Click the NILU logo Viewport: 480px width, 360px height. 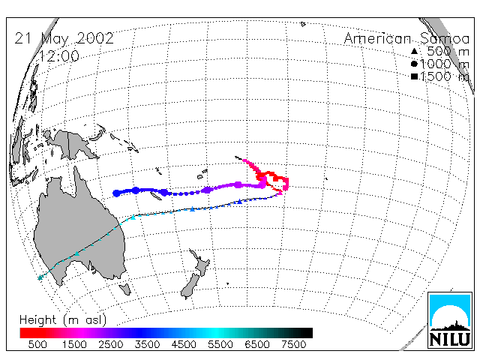(x=450, y=320)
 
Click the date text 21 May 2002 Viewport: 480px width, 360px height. (x=64, y=38)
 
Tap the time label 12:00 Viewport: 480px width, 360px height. (x=58, y=56)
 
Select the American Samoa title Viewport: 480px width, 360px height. (x=406, y=39)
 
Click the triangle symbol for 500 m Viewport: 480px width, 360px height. (x=414, y=52)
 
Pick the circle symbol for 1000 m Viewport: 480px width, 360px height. (x=414, y=64)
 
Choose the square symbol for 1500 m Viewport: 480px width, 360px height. (x=414, y=76)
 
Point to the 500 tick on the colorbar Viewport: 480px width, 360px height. (x=37, y=345)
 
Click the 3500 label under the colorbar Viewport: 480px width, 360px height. (x=147, y=345)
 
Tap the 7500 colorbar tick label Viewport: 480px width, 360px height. (x=293, y=345)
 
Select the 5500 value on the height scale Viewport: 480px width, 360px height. (x=220, y=345)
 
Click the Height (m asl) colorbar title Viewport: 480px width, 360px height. (x=63, y=320)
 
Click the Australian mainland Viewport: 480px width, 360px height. (x=79, y=232)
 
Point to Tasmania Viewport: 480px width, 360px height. (x=125, y=289)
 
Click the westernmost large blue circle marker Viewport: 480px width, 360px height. (x=116, y=193)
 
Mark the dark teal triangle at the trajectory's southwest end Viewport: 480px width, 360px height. (x=40, y=277)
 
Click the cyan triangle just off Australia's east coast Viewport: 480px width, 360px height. (x=133, y=217)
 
